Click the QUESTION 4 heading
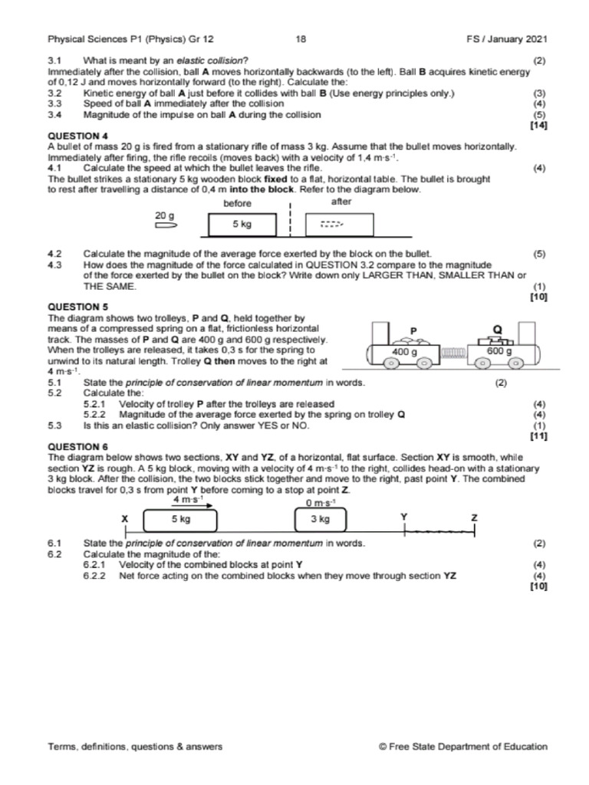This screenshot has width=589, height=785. (74, 136)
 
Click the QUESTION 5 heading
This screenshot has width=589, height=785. (74, 306)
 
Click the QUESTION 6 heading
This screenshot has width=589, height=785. (74, 446)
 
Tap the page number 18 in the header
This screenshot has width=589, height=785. (300, 39)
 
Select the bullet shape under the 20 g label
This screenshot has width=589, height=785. (166, 226)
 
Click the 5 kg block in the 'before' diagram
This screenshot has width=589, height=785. (242, 225)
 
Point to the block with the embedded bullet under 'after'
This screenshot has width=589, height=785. (338, 225)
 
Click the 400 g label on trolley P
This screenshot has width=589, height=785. (404, 351)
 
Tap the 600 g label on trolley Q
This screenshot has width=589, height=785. (499, 351)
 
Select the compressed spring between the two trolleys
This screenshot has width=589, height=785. (454, 353)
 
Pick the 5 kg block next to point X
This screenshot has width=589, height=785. (181, 519)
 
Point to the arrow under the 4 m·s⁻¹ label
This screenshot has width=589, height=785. (189, 506)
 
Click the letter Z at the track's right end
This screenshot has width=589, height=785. (474, 518)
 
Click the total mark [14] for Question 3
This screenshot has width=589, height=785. (538, 125)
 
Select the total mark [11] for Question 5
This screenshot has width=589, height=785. (538, 435)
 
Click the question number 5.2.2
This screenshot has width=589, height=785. (95, 415)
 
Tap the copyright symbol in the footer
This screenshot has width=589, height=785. (383, 746)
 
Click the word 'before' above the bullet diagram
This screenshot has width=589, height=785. (238, 203)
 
